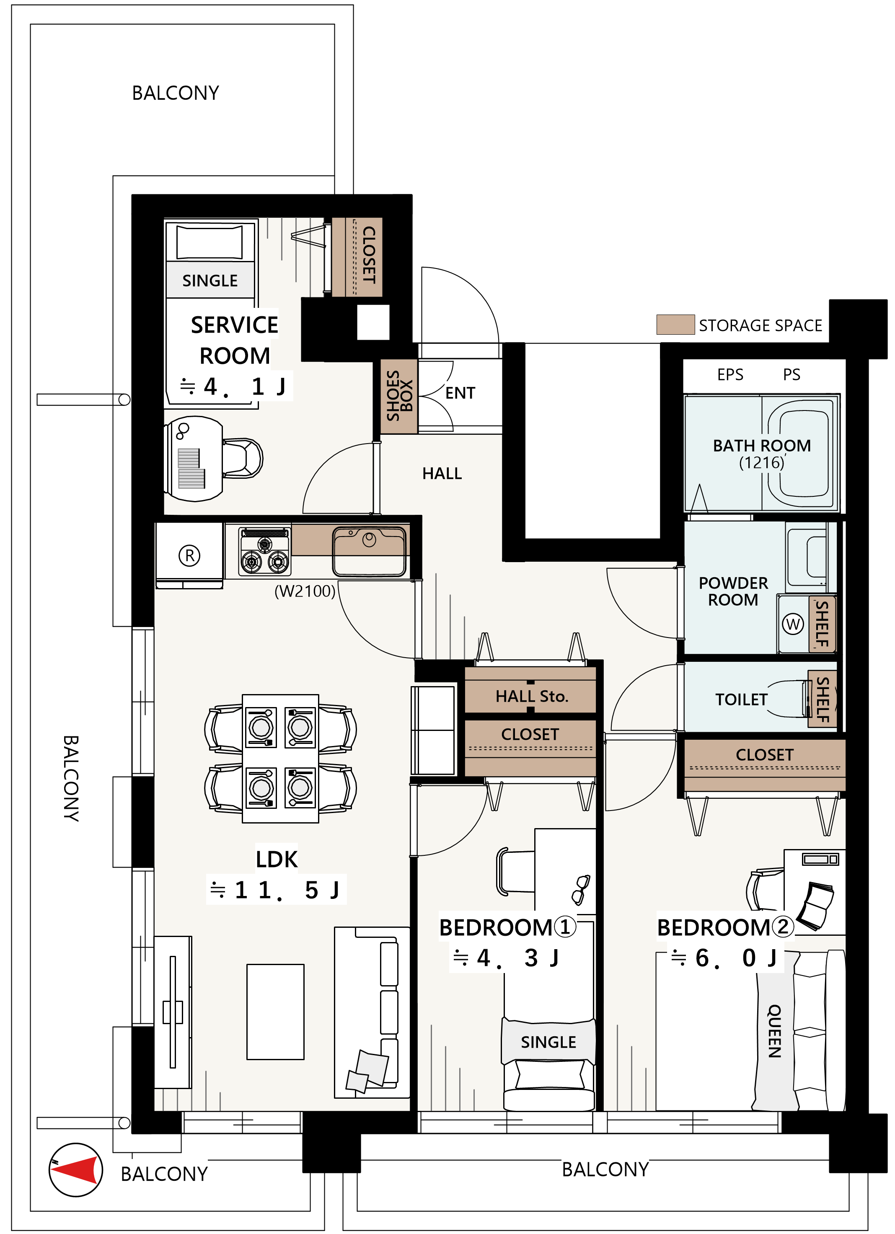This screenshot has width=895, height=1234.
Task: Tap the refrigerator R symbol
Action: click(x=189, y=555)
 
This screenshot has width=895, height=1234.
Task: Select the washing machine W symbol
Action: click(x=793, y=624)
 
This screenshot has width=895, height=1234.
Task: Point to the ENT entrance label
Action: click(x=460, y=393)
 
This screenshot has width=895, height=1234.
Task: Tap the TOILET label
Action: click(x=741, y=700)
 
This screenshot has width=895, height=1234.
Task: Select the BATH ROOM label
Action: click(x=762, y=446)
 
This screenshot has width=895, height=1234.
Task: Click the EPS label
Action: click(x=730, y=375)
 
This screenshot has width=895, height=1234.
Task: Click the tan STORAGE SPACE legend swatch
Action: click(x=675, y=324)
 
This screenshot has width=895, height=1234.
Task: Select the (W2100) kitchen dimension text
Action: click(x=305, y=591)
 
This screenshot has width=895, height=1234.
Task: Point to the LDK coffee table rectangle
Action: click(x=275, y=1012)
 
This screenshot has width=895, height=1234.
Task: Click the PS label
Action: click(x=792, y=375)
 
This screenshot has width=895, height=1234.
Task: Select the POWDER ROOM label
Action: click(x=733, y=591)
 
